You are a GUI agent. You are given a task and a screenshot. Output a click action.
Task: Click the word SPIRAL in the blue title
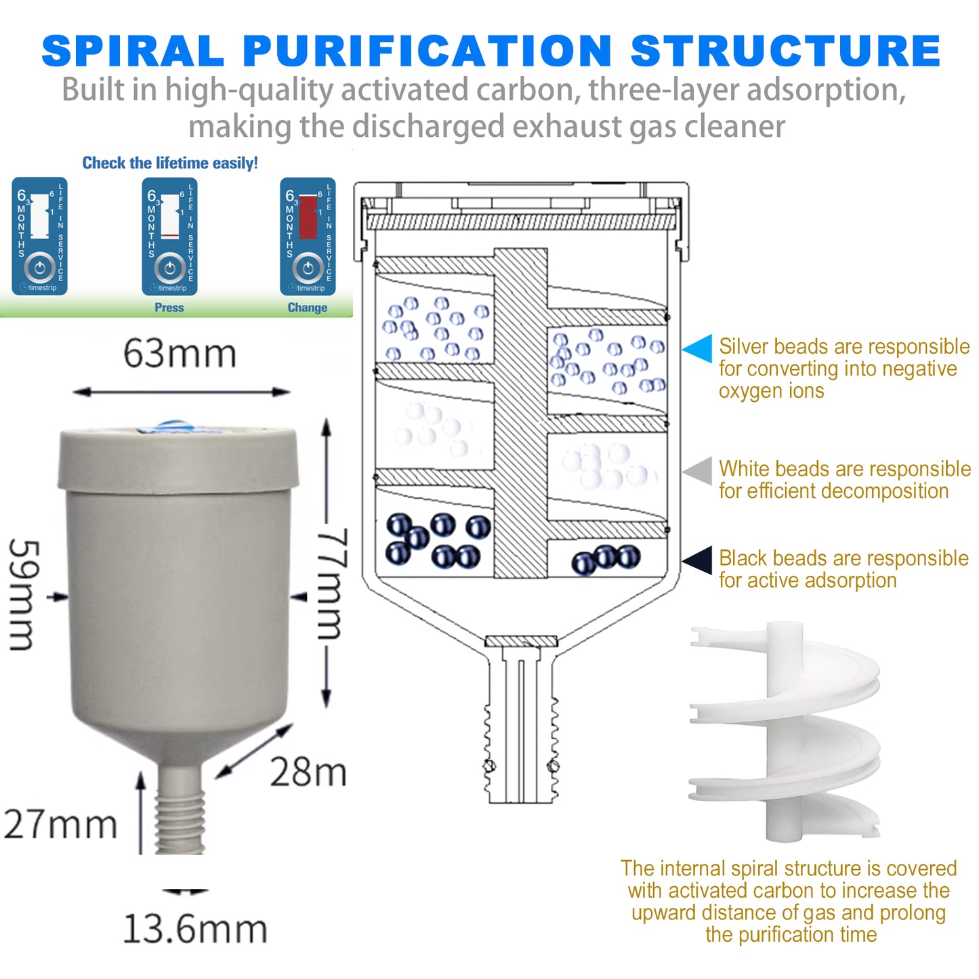pos(133,51)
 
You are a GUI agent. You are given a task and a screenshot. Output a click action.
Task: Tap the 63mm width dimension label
pos(180,354)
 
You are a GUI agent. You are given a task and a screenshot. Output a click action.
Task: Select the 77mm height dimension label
pos(333,583)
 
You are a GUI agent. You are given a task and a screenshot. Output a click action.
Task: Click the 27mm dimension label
pos(61,825)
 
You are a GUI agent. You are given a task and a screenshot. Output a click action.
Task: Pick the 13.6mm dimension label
pos(195,929)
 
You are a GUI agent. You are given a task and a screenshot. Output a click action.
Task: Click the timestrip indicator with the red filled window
pos(308,236)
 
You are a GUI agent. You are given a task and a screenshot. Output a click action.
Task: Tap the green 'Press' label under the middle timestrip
pos(169,308)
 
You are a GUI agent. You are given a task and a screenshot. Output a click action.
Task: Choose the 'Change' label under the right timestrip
pos(307,308)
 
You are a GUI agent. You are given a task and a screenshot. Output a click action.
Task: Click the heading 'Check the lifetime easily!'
pos(170,163)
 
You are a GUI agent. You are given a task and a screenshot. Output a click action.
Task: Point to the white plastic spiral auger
pos(786,732)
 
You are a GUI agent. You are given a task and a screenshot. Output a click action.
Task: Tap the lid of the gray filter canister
pos(178,458)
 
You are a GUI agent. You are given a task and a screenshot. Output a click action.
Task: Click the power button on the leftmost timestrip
pos(40,268)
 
